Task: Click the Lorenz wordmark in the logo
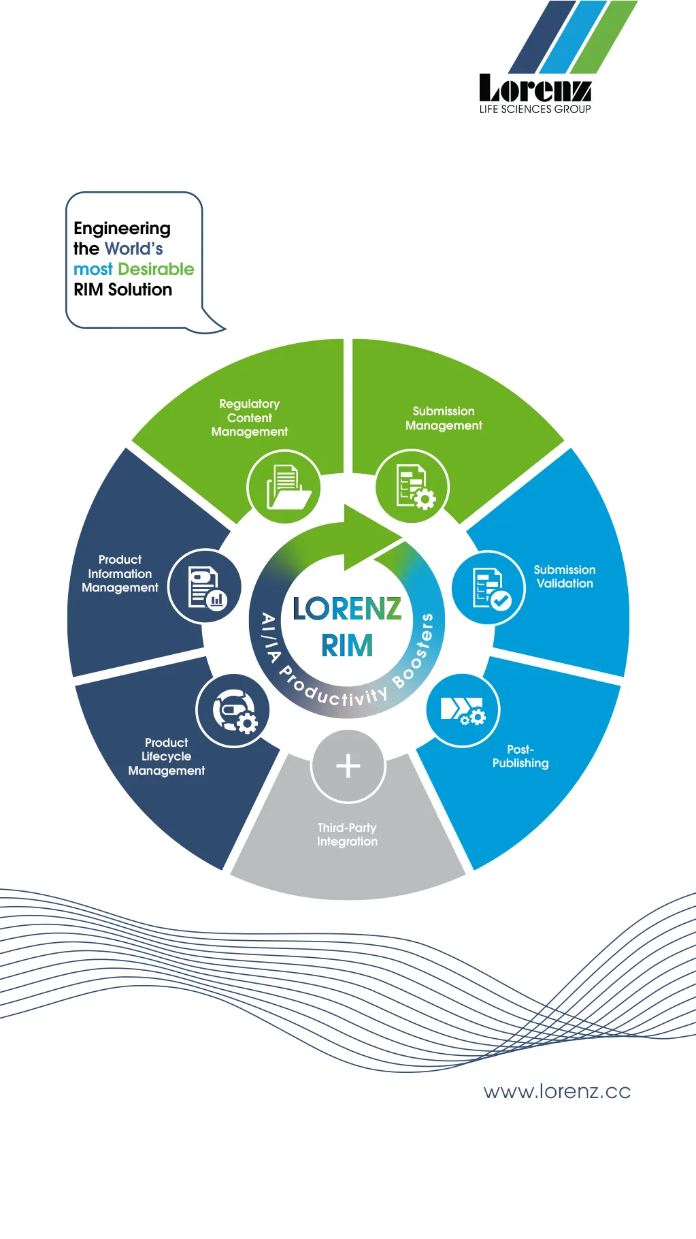coord(535,88)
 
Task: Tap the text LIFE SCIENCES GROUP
coord(535,109)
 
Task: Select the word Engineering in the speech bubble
coord(122,228)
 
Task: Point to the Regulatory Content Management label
coord(250,418)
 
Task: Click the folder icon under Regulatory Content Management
coord(284,487)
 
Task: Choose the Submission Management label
coord(444,418)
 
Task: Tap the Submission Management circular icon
coord(412,487)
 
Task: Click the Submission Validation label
coord(564,577)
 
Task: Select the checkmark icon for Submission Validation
coord(489,588)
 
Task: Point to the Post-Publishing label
coord(520,756)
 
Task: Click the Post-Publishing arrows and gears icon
coord(463,711)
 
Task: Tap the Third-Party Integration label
coord(347,835)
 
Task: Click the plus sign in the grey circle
coord(348,766)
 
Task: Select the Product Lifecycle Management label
coord(167,756)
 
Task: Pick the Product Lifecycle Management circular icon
coord(233,711)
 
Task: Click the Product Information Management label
coord(120,573)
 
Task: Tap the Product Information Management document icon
coord(205,586)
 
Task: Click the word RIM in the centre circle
coord(347,645)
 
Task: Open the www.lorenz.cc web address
coord(557,1092)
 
